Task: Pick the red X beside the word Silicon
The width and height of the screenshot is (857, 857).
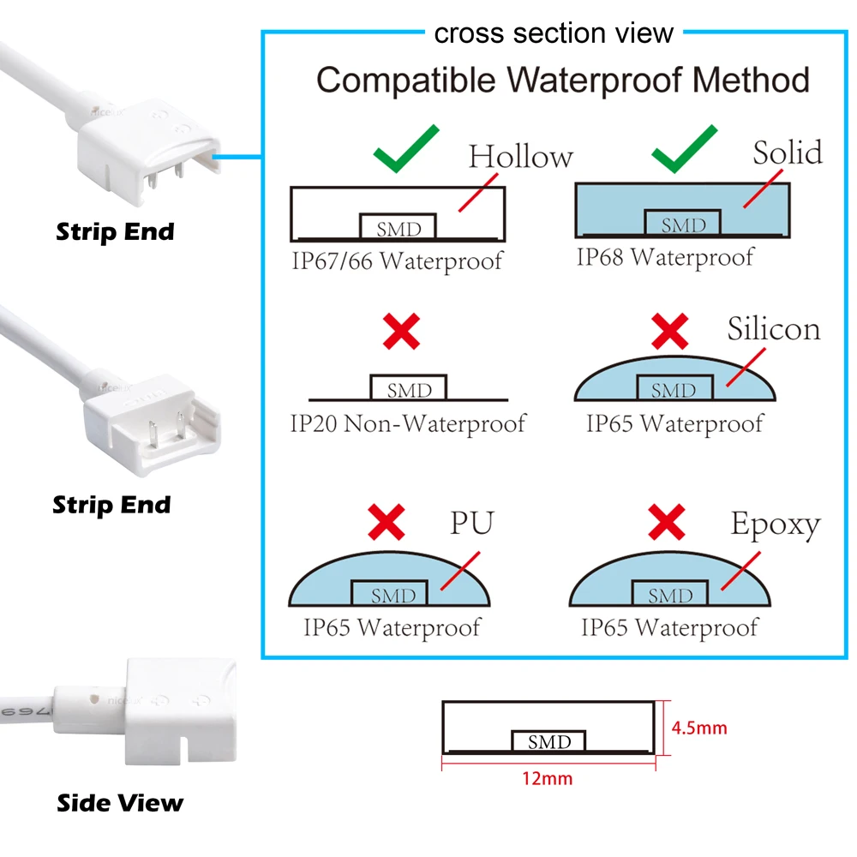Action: click(x=670, y=329)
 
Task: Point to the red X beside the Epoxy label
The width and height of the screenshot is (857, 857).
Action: click(x=667, y=521)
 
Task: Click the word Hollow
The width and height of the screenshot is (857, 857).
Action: click(x=520, y=158)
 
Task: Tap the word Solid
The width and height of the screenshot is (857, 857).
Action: click(x=787, y=153)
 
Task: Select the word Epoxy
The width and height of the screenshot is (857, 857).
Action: click(x=775, y=524)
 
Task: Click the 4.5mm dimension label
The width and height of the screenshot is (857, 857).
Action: click(x=699, y=728)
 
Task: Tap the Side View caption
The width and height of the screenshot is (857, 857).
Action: click(x=120, y=803)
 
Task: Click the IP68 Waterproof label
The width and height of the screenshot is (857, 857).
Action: click(x=665, y=256)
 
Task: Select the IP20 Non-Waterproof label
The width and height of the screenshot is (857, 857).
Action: click(x=407, y=423)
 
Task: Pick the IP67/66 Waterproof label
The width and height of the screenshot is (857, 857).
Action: click(x=396, y=261)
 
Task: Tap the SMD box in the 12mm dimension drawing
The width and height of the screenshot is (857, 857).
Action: click(x=548, y=742)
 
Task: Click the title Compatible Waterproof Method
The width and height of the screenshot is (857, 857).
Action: click(x=563, y=81)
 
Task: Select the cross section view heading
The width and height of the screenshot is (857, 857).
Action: click(x=554, y=33)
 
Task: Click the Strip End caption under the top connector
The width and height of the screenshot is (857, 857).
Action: click(x=115, y=231)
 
